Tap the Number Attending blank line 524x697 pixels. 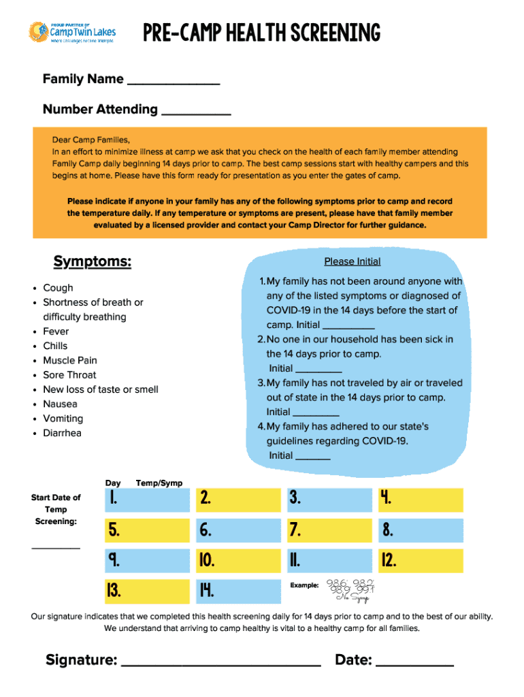coord(196,112)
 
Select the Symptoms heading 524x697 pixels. coord(92,262)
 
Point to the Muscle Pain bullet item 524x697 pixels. coord(70,361)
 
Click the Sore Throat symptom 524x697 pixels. coord(69,375)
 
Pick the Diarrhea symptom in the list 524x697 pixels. coord(62,433)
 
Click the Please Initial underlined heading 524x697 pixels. coord(352,261)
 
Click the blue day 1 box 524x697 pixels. coord(147,500)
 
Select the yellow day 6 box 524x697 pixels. coord(238,530)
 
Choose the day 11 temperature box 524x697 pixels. coord(329,560)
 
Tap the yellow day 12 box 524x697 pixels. coord(420,560)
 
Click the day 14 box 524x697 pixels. coord(238,590)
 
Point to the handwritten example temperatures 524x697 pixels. coord(350,589)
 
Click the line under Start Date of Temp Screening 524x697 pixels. coord(56,546)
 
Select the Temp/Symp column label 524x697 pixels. coord(159,483)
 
